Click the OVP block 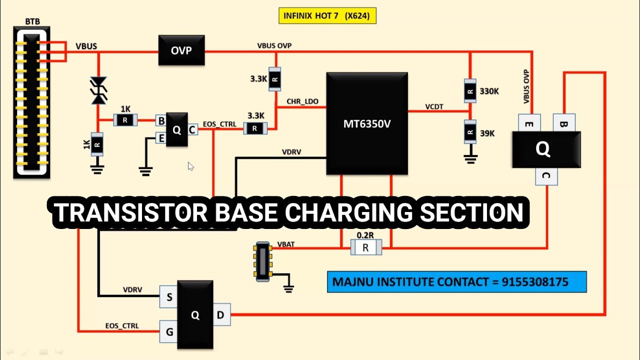[181, 50]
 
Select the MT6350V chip [366, 123]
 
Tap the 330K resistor [469, 91]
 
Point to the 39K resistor [469, 133]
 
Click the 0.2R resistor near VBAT [366, 247]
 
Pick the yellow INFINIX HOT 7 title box [327, 15]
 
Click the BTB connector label [32, 21]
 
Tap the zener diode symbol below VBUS [98, 91]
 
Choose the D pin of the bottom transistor [220, 315]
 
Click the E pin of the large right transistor [529, 123]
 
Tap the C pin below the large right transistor [546, 176]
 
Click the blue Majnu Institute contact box [456, 282]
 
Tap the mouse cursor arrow [190, 166]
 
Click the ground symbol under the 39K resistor [469, 159]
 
